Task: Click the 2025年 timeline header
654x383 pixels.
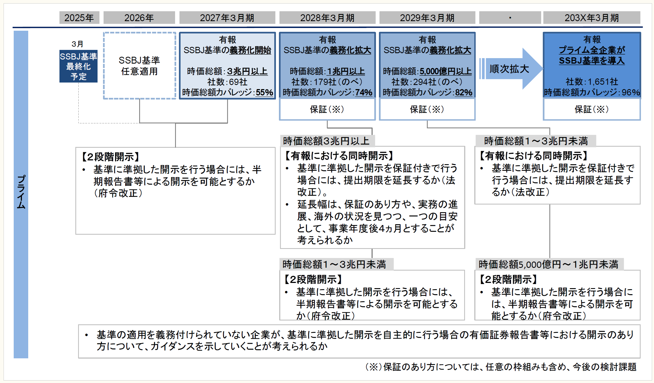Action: pyautogui.click(x=79, y=18)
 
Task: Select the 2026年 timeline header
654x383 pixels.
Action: pyautogui.click(x=139, y=18)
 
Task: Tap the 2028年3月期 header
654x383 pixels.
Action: pyautogui.click(x=327, y=18)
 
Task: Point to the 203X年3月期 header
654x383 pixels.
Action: pyautogui.click(x=592, y=18)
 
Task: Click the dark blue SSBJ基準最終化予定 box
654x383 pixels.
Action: pyautogui.click(x=78, y=66)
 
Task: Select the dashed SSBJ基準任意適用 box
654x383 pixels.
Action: pyautogui.click(x=139, y=66)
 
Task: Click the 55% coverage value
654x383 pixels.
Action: pyautogui.click(x=264, y=92)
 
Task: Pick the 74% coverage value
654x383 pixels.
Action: pyautogui.click(x=364, y=92)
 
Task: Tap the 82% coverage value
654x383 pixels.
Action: pyautogui.click(x=464, y=92)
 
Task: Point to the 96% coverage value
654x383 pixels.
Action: pyautogui.click(x=631, y=92)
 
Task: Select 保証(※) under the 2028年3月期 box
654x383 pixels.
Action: pyautogui.click(x=327, y=109)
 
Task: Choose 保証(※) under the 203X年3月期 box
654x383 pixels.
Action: pyautogui.click(x=592, y=109)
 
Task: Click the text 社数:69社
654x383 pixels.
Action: pyautogui.click(x=227, y=82)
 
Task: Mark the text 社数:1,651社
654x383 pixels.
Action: pyautogui.click(x=592, y=82)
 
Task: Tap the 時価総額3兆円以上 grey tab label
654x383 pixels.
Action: pyautogui.click(x=326, y=141)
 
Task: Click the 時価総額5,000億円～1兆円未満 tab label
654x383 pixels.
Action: pyautogui.click(x=548, y=264)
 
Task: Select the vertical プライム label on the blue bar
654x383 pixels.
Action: pyautogui.click(x=21, y=192)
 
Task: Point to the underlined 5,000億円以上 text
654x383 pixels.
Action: pyautogui.click(x=445, y=71)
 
